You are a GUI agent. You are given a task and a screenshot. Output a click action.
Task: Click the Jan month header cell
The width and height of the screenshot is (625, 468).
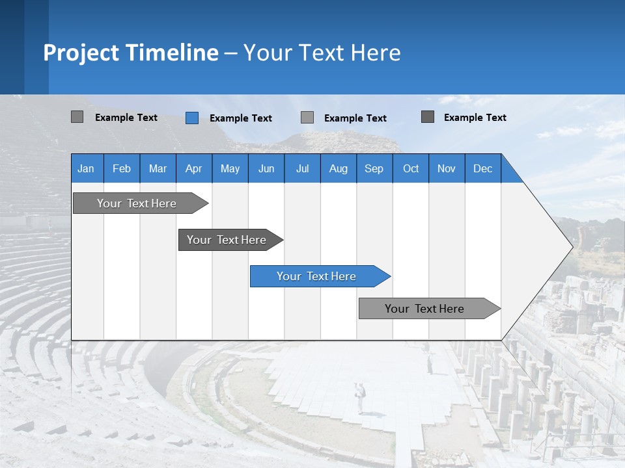[x=86, y=168]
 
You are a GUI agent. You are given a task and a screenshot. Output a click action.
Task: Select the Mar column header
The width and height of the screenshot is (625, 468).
[x=158, y=168]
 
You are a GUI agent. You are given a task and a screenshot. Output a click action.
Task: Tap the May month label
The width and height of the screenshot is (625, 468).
[x=230, y=168]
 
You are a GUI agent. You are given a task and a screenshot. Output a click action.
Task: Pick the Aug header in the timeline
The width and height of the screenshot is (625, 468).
[x=338, y=168]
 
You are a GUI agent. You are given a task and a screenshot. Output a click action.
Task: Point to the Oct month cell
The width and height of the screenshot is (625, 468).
[x=410, y=168]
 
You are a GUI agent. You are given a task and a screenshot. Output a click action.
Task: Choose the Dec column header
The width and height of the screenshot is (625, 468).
[x=482, y=168]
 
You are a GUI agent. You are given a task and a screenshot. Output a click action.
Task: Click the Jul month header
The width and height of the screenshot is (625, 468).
[x=302, y=168]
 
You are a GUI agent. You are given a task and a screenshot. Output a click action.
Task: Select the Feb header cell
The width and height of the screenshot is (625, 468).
[x=122, y=168]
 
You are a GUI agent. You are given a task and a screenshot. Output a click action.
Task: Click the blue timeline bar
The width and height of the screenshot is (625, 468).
[x=316, y=276]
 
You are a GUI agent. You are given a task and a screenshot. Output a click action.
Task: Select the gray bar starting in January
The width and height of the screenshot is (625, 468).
[x=137, y=203]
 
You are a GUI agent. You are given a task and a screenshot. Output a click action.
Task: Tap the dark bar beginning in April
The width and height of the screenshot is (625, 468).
[x=227, y=240]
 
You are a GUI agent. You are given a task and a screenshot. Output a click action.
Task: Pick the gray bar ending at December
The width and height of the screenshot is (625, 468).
[x=424, y=309]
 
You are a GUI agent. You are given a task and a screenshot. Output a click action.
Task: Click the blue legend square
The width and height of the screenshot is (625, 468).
[x=192, y=118]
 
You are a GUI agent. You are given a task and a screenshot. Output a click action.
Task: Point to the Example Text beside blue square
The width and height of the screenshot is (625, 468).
[x=240, y=118]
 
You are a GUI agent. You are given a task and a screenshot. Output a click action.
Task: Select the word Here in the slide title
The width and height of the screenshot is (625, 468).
[x=376, y=53]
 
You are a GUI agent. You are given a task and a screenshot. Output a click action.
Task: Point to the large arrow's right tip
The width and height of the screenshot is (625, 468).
[x=572, y=247]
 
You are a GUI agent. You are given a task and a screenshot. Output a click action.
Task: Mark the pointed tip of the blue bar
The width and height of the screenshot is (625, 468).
[x=390, y=276]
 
